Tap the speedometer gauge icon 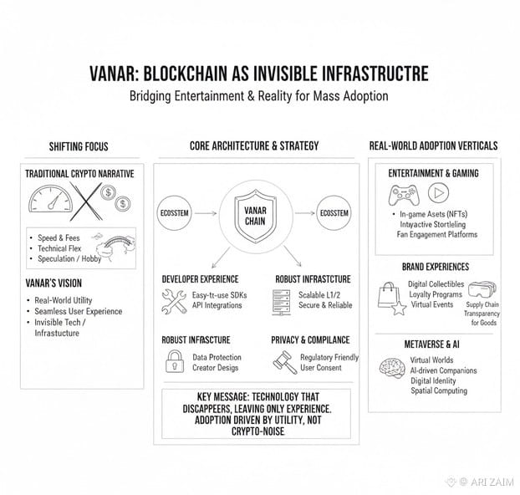pyautogui.click(x=55, y=203)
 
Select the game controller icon pyautogui.click(x=400, y=194)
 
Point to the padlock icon pyautogui.click(x=176, y=362)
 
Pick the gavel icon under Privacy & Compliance pyautogui.click(x=284, y=362)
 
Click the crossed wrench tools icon pyautogui.click(x=175, y=301)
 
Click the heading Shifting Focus pyautogui.click(x=79, y=146)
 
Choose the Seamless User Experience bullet pyautogui.click(x=79, y=312)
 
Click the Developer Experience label pyautogui.click(x=200, y=278)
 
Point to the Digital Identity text pyautogui.click(x=433, y=380)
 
